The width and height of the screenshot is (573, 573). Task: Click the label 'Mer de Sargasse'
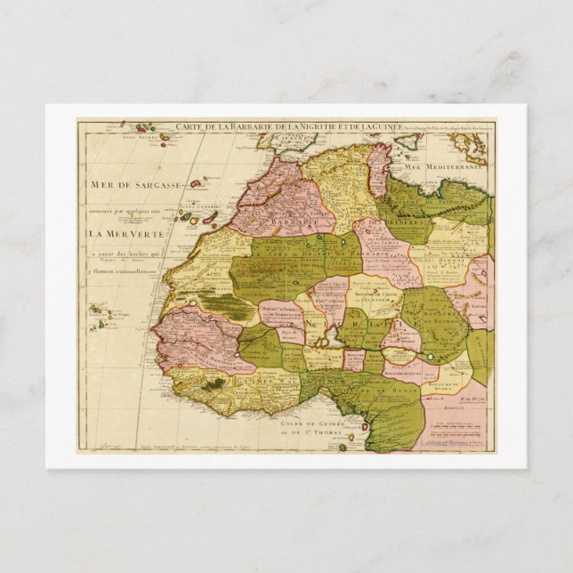pyautogui.click(x=136, y=185)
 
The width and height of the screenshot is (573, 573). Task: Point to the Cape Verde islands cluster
pyautogui.click(x=102, y=314)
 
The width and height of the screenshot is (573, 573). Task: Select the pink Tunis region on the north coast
pyautogui.click(x=380, y=167)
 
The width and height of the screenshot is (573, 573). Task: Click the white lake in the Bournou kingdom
pyautogui.click(x=432, y=356)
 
